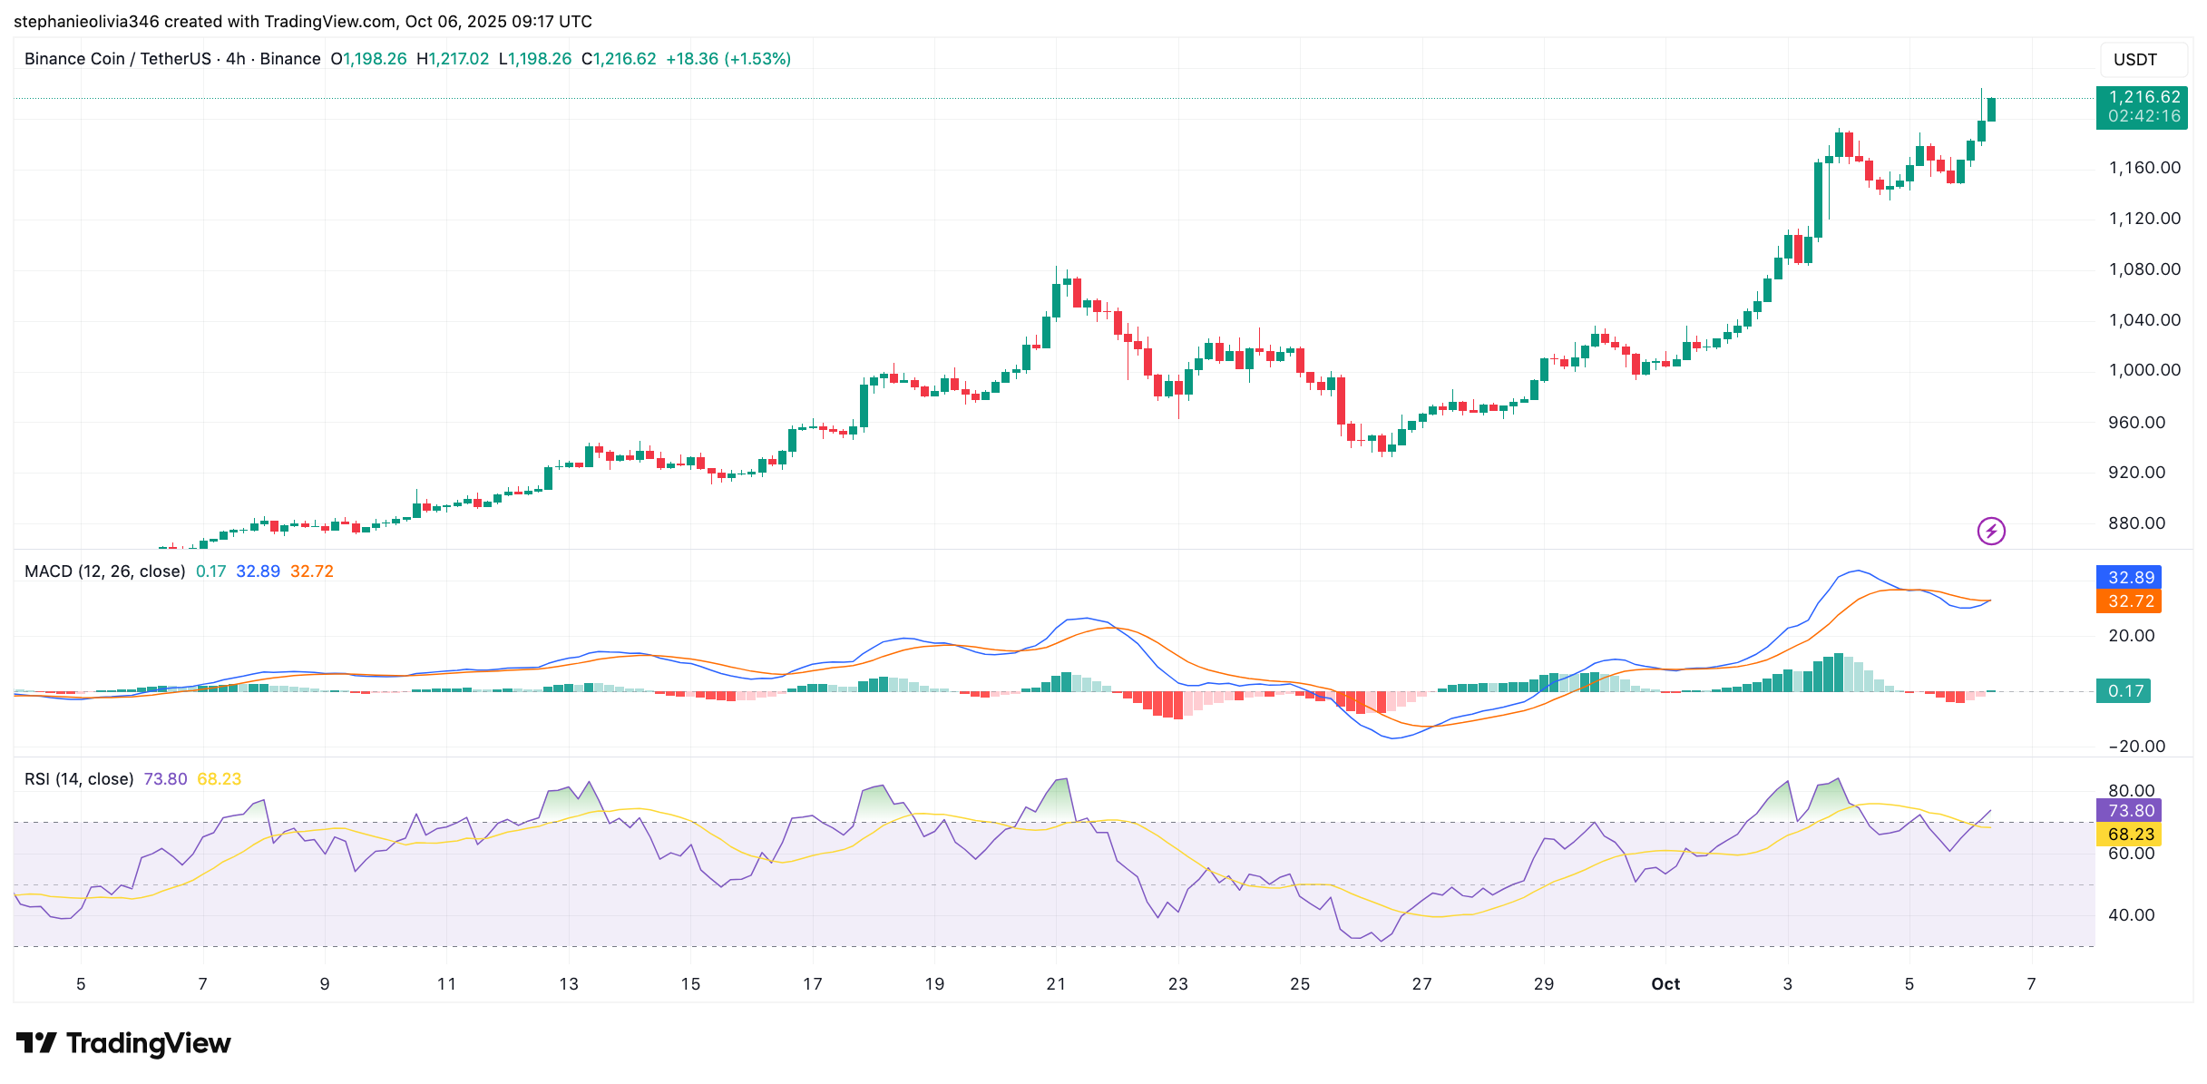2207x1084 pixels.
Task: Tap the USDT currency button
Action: coord(2135,60)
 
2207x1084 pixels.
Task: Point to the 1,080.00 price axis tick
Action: coord(2144,269)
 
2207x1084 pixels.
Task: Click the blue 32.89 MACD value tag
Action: coord(2129,578)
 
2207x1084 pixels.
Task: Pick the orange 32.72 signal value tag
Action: coord(2129,601)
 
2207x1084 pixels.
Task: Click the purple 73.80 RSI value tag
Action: coord(2129,811)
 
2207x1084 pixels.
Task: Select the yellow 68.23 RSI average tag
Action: coord(2129,835)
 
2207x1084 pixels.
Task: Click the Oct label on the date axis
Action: coord(1665,984)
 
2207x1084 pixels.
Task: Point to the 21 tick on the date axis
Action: coord(1056,984)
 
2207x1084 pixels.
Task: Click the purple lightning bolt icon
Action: coord(1991,531)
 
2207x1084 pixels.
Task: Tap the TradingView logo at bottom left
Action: coord(124,1044)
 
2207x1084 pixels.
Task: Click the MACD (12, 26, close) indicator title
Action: coord(105,571)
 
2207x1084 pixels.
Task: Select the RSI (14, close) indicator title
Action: coord(79,779)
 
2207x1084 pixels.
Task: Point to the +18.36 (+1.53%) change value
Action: coord(728,59)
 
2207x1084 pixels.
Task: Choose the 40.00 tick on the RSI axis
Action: coord(2131,915)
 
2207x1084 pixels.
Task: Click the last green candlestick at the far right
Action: coord(1991,109)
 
